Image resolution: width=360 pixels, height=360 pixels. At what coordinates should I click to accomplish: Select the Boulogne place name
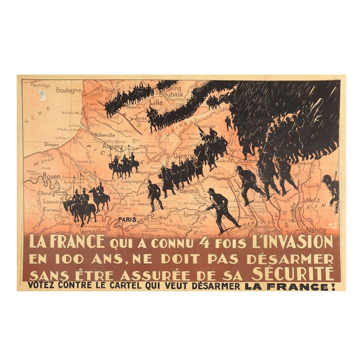coord(68,90)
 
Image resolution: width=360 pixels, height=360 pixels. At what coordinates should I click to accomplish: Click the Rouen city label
coord(51,176)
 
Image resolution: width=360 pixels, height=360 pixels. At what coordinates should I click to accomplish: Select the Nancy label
coord(316,229)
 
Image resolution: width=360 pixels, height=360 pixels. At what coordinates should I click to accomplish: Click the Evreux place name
coord(52,210)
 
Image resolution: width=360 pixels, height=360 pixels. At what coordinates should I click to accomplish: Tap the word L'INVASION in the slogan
coord(298,242)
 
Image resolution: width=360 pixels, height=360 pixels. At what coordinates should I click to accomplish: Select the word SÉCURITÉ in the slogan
coord(292,274)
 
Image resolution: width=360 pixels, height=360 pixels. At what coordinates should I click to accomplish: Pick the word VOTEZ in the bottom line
coord(42,286)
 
